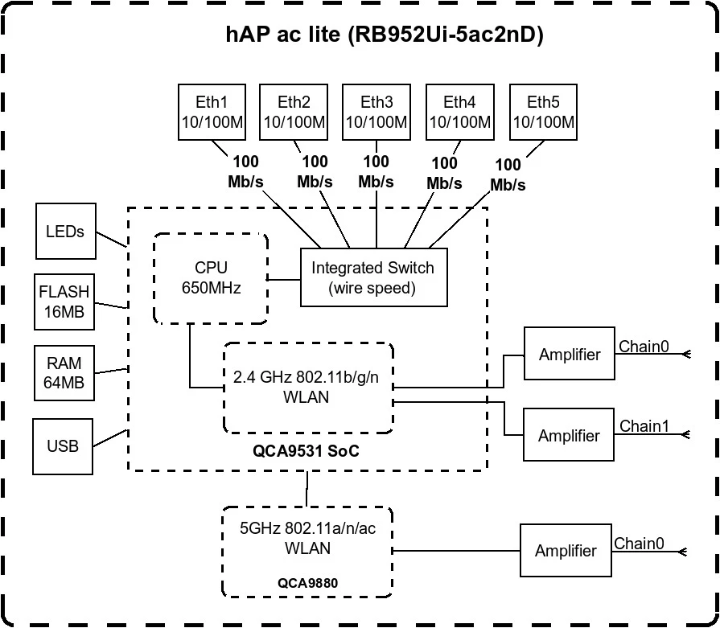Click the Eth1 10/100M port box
212,113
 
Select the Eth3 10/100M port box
376,113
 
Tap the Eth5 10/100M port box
543,113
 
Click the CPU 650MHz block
211,278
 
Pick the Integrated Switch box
373,277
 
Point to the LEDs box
65,232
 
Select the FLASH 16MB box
64,302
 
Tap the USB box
64,445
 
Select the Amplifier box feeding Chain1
568,436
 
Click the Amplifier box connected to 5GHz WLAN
566,550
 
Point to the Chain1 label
644,426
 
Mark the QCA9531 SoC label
307,452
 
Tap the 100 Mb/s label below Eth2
315,171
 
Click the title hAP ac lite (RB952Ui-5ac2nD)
384,36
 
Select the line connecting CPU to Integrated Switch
284,279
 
